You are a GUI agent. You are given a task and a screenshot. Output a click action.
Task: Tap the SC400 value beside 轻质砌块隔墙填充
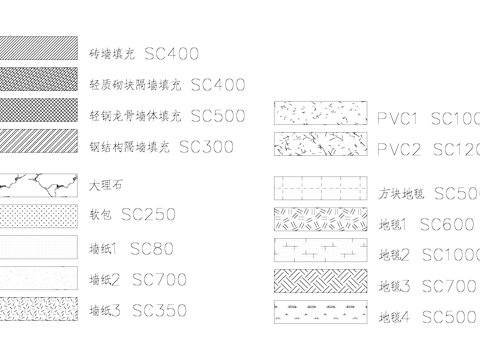coord(218,85)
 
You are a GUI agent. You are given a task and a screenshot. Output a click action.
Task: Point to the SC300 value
coord(206,146)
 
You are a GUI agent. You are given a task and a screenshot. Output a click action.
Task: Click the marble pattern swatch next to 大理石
coord(38,185)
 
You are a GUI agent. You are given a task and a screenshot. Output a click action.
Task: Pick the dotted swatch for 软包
coord(38,215)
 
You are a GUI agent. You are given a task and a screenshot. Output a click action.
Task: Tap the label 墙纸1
coord(103,248)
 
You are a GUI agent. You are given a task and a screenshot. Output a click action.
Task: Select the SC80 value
coord(152,247)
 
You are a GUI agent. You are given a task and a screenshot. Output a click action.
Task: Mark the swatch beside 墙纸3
coord(38,309)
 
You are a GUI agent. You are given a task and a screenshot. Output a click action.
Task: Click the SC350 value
coord(159,310)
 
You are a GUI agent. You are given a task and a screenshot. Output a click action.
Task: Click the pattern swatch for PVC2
coord(321,147)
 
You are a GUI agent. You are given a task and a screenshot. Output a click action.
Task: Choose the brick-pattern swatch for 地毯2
coord(321,251)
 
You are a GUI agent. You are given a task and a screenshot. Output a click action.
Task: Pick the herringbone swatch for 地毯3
coord(321,283)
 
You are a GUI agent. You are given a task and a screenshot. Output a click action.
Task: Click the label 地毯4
coord(395,319)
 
